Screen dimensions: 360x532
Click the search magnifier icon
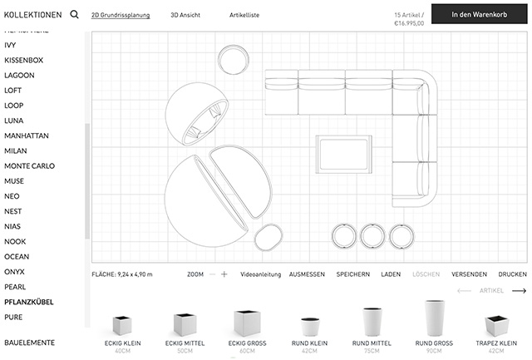pos(75,14)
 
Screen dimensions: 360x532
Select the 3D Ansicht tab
pos(185,15)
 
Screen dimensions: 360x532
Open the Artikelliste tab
pos(244,15)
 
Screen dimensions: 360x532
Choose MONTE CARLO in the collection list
pos(29,165)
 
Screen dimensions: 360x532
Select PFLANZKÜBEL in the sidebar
pos(28,302)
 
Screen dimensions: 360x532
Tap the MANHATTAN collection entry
pos(27,135)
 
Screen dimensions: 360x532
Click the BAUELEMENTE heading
pos(29,342)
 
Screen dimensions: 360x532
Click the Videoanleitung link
pos(260,274)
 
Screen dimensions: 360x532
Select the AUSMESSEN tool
pos(307,274)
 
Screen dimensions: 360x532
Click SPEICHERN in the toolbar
pos(352,274)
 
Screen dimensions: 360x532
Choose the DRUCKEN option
pos(512,274)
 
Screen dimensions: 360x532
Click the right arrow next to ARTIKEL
pos(519,291)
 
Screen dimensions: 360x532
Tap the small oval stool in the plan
pos(268,237)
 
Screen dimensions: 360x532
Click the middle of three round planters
pos(372,236)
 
